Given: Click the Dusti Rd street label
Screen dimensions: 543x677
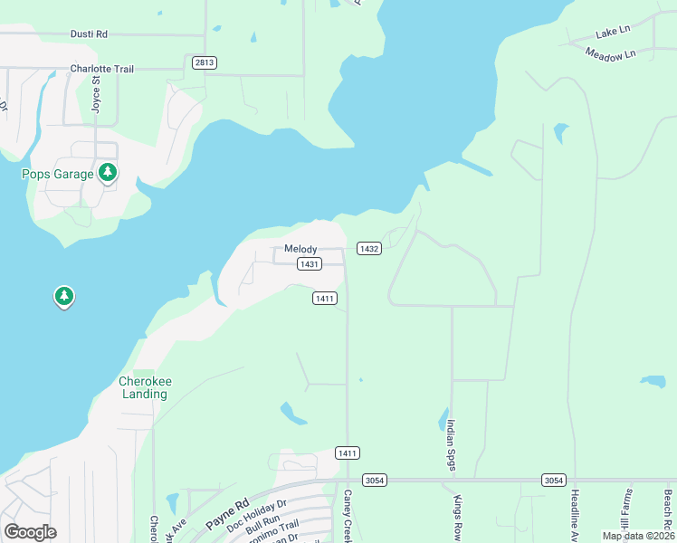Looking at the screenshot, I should coord(89,33).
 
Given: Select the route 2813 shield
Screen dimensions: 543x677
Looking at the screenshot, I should coord(204,62).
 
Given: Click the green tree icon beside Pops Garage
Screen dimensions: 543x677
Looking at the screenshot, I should coord(108,172).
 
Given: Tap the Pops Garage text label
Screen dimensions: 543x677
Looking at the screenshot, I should coord(58,174).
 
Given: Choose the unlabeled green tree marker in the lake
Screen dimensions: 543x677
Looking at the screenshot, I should coord(63,296).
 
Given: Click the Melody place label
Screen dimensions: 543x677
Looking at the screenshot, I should coord(300,249).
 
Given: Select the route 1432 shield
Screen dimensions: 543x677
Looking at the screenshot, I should coord(368,248).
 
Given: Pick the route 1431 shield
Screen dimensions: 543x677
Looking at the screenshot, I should coord(310,263).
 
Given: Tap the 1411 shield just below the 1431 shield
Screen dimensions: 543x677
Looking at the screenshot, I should coord(325,298).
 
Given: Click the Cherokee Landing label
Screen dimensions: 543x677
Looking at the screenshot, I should coord(145,387).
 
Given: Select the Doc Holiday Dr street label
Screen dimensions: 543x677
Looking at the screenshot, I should coord(256,516).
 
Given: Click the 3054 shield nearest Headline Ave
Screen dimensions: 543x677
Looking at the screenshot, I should coord(555,480).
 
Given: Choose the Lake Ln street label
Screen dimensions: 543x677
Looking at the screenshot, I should coord(612,33).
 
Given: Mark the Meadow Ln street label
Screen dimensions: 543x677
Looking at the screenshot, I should coord(611,54).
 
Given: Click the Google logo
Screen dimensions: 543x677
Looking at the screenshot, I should coord(30,532).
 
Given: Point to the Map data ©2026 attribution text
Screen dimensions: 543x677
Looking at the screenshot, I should coord(638,536).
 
